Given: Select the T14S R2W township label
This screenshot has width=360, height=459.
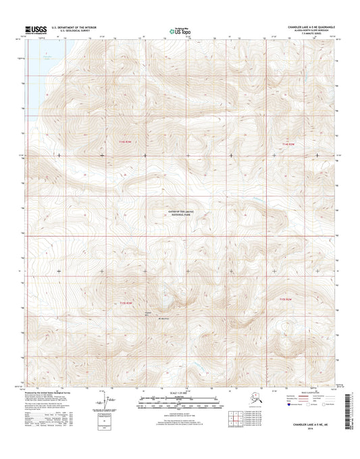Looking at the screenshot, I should [x=288, y=145].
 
